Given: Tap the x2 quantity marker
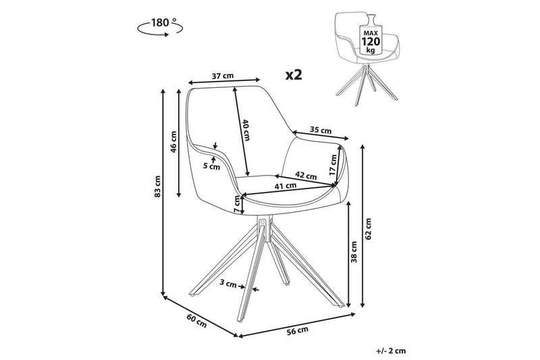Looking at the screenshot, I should pyautogui.click(x=293, y=75).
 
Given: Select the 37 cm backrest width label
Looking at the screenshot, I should pyautogui.click(x=223, y=76).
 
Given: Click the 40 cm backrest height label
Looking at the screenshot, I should pyautogui.click(x=246, y=129).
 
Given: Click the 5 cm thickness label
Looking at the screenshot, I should pyautogui.click(x=213, y=165).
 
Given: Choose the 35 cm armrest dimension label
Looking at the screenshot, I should pyautogui.click(x=321, y=130).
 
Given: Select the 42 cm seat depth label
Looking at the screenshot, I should pyautogui.click(x=306, y=176).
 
